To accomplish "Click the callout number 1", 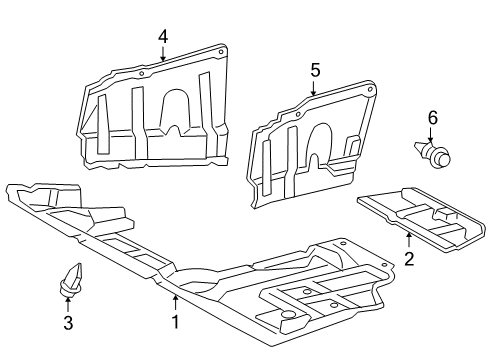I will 175,322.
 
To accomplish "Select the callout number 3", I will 68,322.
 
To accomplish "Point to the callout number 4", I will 162,38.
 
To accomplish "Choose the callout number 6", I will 433,118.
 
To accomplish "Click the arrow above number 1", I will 175,302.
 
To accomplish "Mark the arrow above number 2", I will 409,241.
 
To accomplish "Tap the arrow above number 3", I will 68,303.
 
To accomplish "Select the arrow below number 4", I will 162,55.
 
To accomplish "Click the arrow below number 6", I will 433,137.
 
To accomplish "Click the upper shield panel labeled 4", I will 150,110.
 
